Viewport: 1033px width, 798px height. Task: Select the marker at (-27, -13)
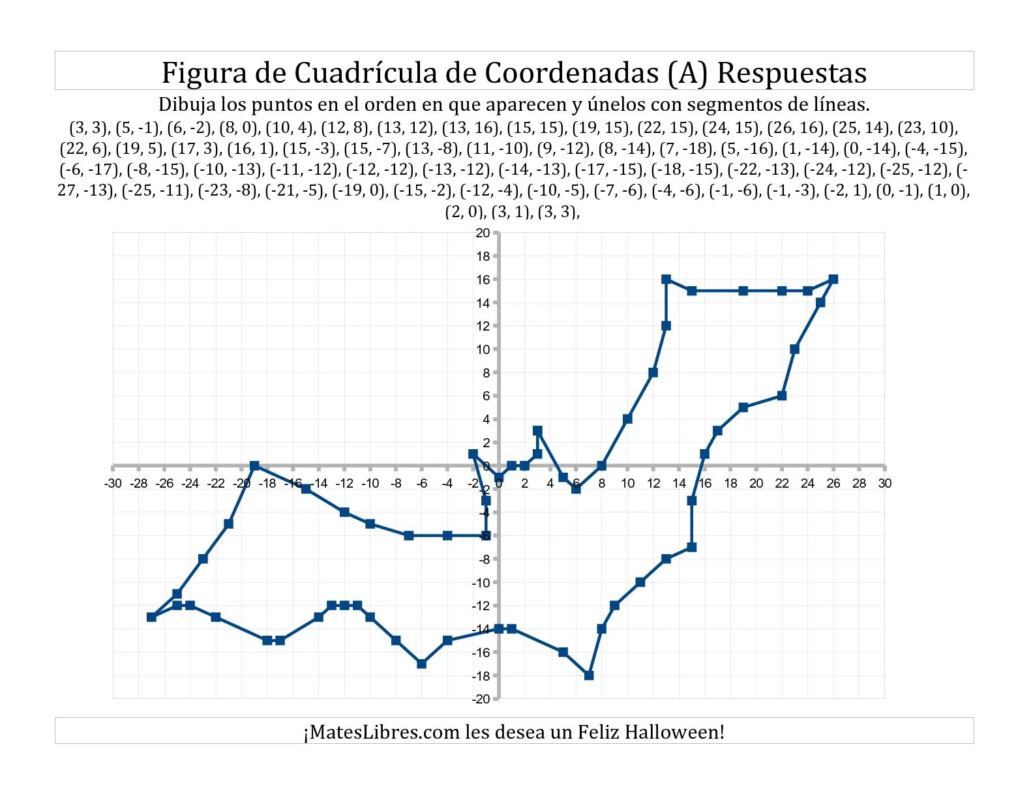pos(151,617)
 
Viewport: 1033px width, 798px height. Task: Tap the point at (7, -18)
pos(589,675)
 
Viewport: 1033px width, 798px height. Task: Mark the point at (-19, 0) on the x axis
pos(254,465)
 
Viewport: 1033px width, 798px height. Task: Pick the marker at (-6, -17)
pos(422,664)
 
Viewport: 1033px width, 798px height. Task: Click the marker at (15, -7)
pos(692,547)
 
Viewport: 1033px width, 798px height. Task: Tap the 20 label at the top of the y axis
pos(482,233)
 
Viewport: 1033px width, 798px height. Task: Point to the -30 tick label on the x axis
pos(113,484)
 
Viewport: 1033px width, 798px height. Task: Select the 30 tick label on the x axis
pos(884,484)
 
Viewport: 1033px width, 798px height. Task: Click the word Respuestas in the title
pos(792,72)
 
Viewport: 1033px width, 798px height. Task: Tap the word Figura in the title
pos(204,72)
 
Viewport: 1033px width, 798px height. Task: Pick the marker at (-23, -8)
pos(203,559)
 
